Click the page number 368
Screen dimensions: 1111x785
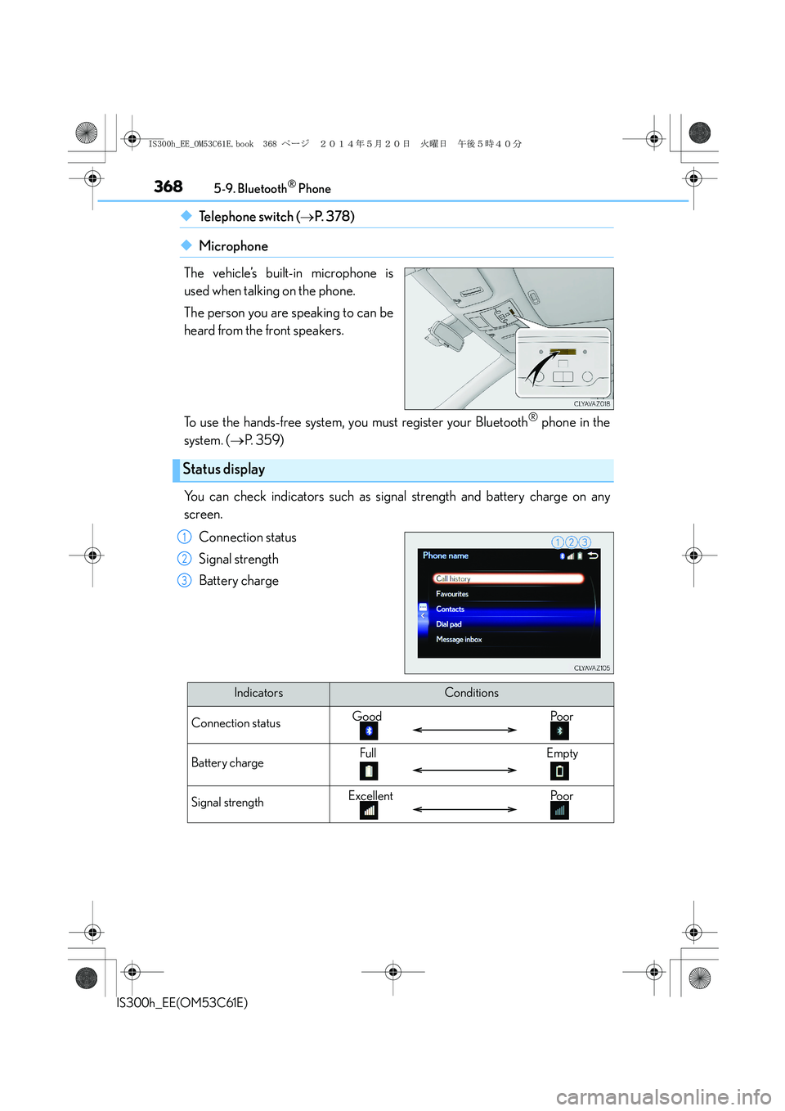(x=168, y=187)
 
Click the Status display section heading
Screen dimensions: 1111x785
(x=224, y=470)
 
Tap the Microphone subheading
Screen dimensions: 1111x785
(x=233, y=246)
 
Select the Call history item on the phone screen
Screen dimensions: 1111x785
(x=508, y=579)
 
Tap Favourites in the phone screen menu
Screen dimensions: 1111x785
(x=452, y=594)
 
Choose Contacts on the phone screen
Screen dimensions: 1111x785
(x=451, y=609)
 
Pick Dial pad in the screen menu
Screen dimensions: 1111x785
(x=449, y=624)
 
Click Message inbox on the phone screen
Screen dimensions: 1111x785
(x=459, y=640)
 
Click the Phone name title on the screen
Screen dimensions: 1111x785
(x=446, y=556)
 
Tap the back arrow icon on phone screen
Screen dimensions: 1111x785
(x=593, y=556)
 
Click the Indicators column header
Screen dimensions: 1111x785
(x=258, y=693)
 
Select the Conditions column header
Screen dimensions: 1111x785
(x=471, y=693)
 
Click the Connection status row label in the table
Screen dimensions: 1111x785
(x=235, y=723)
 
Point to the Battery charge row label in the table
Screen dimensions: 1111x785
(x=227, y=762)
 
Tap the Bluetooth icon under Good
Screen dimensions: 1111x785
(x=369, y=731)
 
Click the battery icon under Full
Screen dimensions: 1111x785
(x=369, y=771)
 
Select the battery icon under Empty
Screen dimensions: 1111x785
(x=559, y=771)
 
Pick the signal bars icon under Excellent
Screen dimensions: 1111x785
(x=369, y=810)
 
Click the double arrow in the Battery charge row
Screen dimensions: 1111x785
(x=464, y=770)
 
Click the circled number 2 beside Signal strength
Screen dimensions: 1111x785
(x=185, y=559)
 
